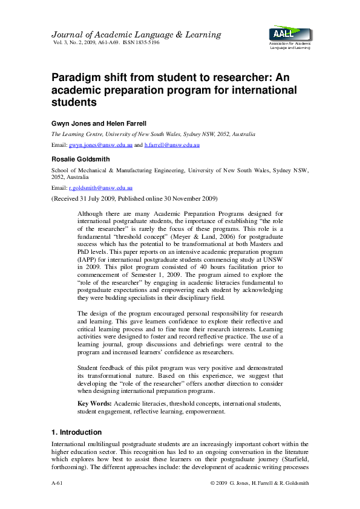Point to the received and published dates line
pos(134,198)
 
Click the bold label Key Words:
pos(94,403)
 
